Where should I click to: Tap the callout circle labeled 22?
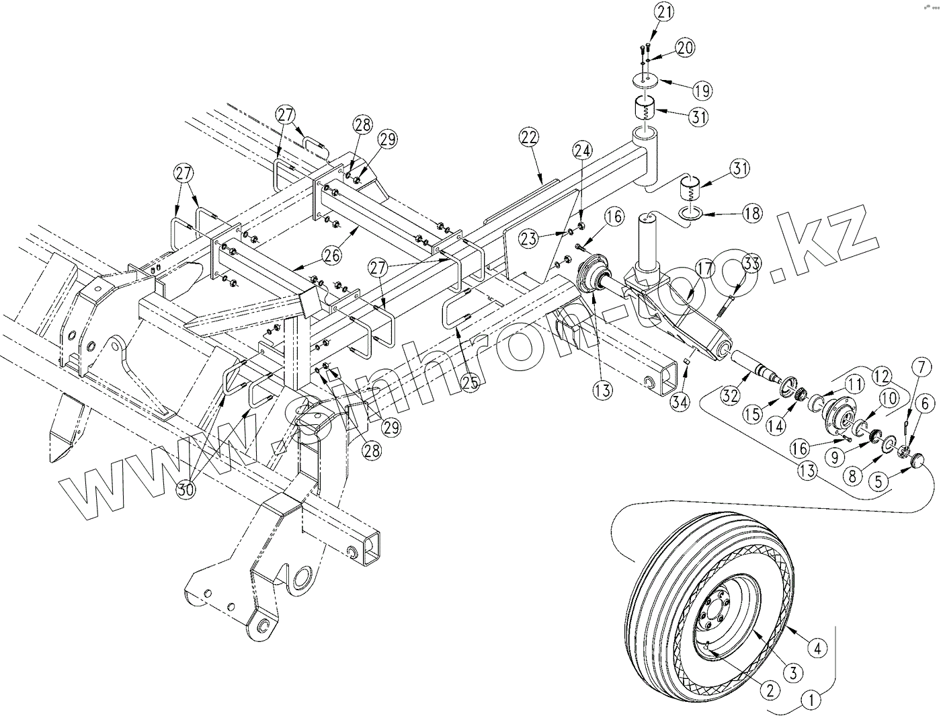pos(530,137)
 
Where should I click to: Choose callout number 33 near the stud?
pos(751,263)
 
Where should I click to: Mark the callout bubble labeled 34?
pos(680,401)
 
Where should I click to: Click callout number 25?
pos(470,383)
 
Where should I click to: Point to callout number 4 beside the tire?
pos(817,649)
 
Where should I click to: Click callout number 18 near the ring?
pos(752,213)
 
